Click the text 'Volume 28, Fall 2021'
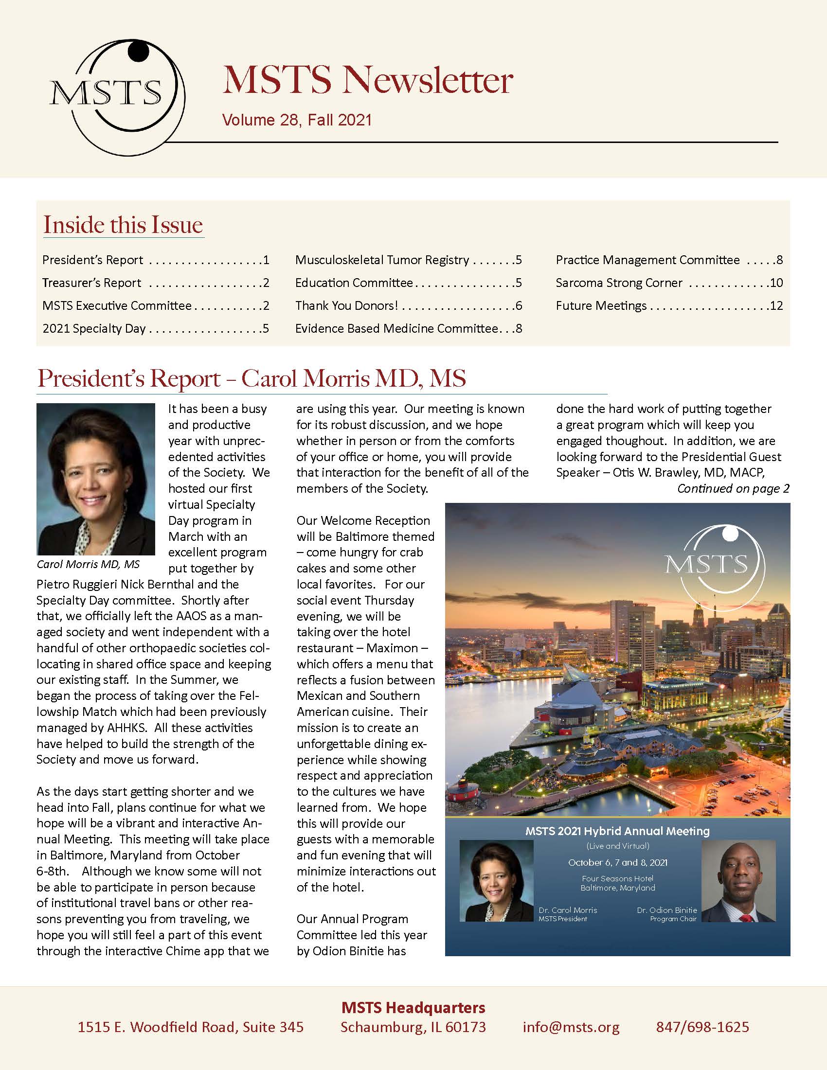296,121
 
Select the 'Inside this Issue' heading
123,225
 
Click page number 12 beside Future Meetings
776,306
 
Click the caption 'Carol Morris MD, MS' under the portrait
88,564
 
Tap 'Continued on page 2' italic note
733,488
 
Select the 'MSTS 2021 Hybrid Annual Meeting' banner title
617,831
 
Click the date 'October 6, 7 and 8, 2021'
617,863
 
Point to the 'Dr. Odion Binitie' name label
666,910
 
